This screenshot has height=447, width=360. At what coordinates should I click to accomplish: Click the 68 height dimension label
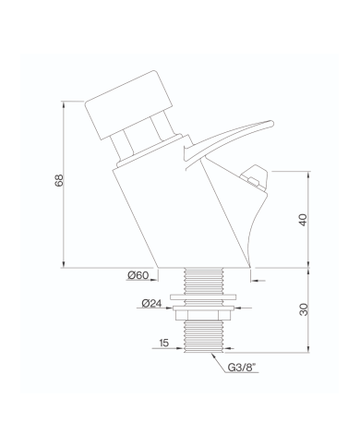[x=59, y=180]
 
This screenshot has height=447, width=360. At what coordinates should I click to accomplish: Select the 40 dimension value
[x=303, y=220]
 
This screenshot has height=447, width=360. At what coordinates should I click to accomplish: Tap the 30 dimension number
[x=304, y=309]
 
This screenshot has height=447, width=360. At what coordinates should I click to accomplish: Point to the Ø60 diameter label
[x=138, y=275]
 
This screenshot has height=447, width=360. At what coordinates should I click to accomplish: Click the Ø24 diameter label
[x=151, y=303]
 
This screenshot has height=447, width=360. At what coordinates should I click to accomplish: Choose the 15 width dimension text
[x=164, y=343]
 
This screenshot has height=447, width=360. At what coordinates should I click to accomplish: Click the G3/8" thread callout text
[x=242, y=367]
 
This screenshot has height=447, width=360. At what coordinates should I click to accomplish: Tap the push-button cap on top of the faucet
[x=128, y=105]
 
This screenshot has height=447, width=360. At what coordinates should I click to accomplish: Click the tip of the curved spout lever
[x=271, y=123]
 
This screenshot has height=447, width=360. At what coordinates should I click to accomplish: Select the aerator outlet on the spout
[x=255, y=177]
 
